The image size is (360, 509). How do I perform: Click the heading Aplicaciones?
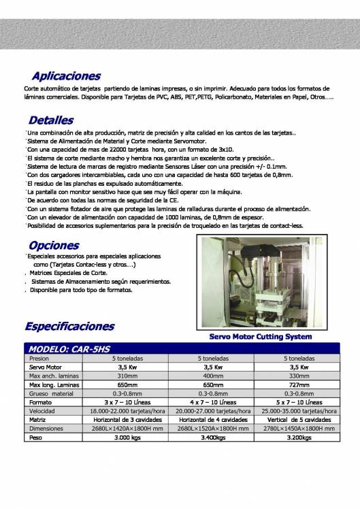(66, 76)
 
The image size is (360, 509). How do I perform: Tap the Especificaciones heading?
(69, 326)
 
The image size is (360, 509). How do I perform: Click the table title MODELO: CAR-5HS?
(67, 348)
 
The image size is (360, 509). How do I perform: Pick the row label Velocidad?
(42, 411)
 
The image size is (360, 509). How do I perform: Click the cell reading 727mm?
(299, 384)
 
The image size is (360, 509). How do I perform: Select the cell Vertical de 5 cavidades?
(299, 420)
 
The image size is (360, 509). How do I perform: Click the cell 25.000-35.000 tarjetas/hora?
(300, 411)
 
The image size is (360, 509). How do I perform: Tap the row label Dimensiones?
(46, 429)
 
